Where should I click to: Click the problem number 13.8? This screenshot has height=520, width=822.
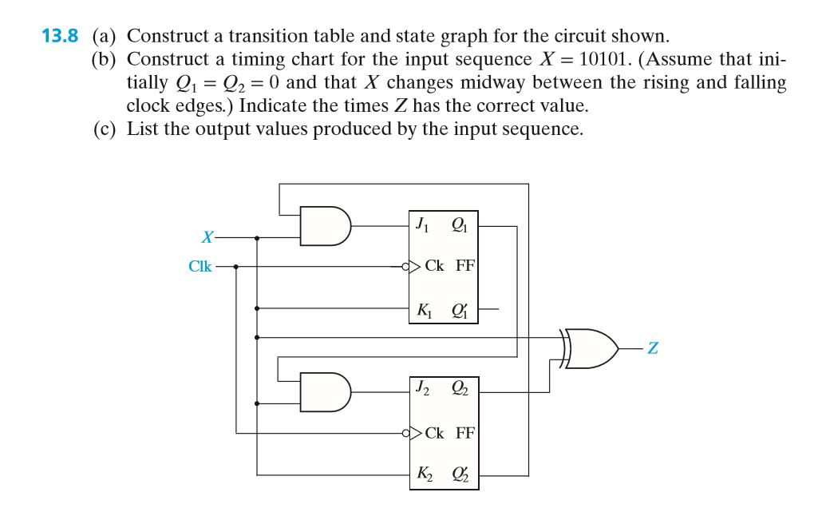[x=61, y=36]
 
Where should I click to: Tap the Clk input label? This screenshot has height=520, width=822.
[x=200, y=267]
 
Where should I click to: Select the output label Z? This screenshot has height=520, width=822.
[x=653, y=348]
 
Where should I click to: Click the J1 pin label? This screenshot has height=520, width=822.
[x=422, y=224]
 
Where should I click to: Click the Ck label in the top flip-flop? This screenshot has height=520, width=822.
[x=435, y=266]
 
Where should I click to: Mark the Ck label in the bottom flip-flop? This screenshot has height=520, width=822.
[x=435, y=433]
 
